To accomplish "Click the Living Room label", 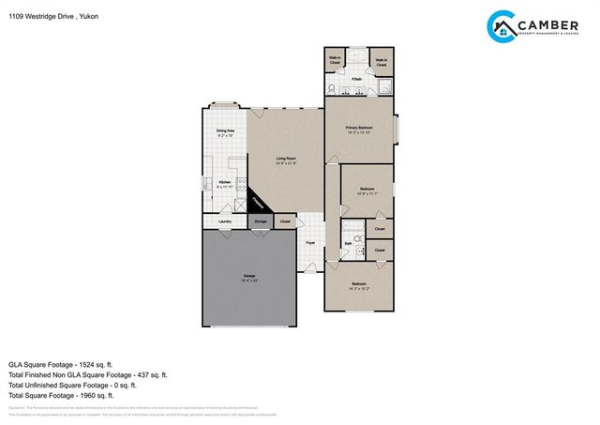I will [286, 160].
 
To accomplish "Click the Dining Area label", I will [226, 132].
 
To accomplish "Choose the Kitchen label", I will [225, 184].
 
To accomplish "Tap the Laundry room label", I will [225, 222].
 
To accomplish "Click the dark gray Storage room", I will [260, 221].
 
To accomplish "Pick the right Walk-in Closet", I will [382, 62].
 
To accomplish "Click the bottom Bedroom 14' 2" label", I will [360, 285].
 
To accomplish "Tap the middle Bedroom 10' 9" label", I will [368, 191].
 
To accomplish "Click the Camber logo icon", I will [503, 25].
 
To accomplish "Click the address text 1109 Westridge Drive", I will [43, 17].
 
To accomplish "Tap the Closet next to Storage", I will [285, 221].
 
